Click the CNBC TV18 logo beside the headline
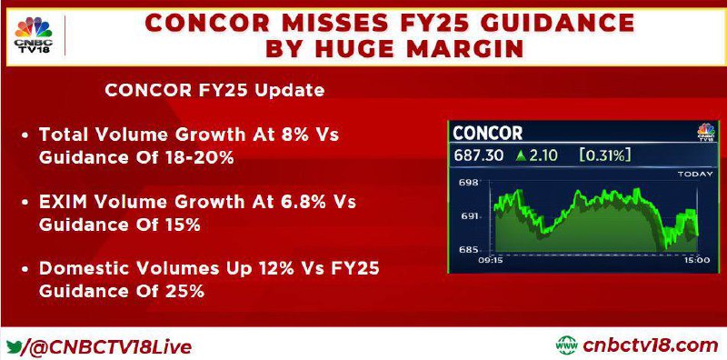pyautogui.click(x=34, y=35)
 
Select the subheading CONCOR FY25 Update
pyautogui.click(x=214, y=91)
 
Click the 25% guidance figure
pyautogui.click(x=184, y=291)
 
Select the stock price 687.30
pyautogui.click(x=478, y=155)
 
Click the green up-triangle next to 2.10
pyautogui.click(x=522, y=155)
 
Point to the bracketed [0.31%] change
pyautogui.click(x=605, y=155)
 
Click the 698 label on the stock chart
pyautogui.click(x=469, y=183)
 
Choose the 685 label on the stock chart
pyautogui.click(x=469, y=250)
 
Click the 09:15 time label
pyautogui.click(x=490, y=260)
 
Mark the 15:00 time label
pyautogui.click(x=697, y=260)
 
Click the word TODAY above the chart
pyautogui.click(x=695, y=174)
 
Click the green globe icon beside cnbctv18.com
pyautogui.click(x=566, y=345)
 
